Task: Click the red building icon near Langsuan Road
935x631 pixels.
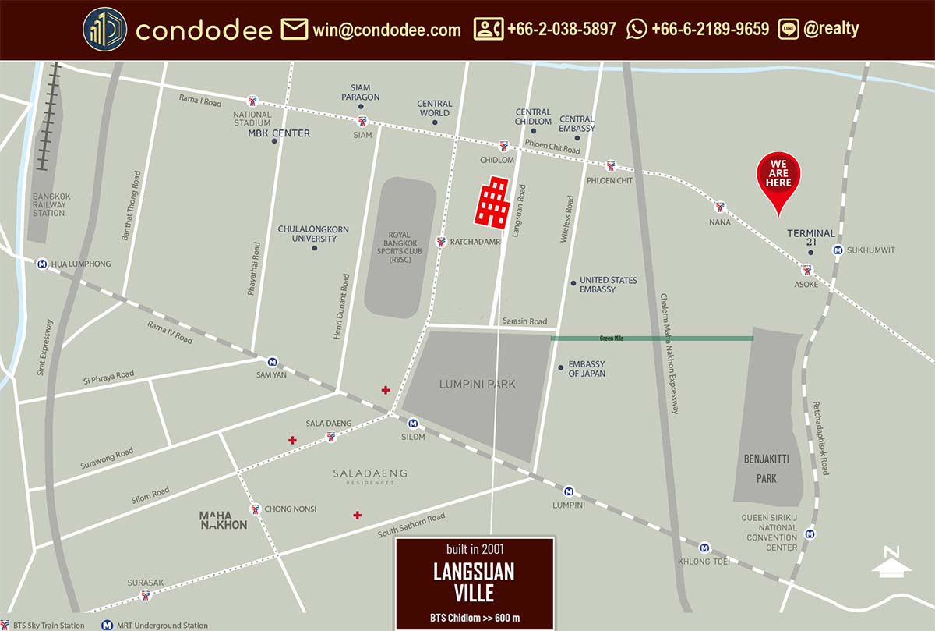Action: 492,202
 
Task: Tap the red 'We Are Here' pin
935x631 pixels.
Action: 780,179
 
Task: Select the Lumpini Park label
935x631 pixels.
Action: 477,384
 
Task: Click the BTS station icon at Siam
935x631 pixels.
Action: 362,121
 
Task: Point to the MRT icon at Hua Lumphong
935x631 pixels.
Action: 41,264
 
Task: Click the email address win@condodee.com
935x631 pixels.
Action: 386,30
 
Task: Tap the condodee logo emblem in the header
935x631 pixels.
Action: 105,30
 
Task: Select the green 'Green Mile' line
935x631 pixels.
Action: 651,339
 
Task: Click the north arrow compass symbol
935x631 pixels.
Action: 892,562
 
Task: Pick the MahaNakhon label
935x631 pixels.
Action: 223,520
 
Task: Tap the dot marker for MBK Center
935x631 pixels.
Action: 275,141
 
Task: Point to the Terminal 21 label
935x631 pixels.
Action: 810,238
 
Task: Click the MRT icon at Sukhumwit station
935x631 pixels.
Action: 838,250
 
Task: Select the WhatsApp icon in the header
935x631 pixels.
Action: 637,30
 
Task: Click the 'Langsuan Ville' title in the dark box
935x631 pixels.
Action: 474,582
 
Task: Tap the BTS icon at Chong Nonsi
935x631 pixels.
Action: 255,509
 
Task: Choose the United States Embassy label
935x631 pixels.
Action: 608,285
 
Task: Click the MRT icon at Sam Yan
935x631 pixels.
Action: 273,361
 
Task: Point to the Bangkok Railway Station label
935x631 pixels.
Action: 48,205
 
